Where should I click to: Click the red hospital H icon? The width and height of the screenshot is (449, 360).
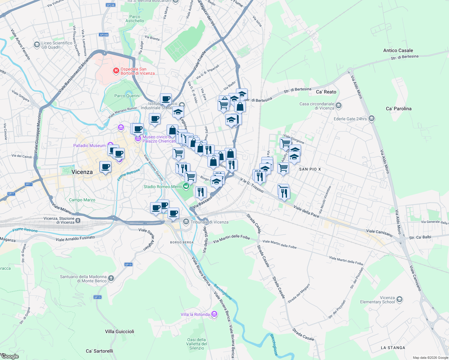(x=116, y=71)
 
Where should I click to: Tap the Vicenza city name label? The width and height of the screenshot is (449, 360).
(x=82, y=172)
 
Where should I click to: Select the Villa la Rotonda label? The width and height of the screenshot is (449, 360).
(x=195, y=314)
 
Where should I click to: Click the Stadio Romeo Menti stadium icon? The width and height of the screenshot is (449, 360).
(x=186, y=187)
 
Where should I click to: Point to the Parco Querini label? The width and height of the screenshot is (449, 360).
(x=127, y=96)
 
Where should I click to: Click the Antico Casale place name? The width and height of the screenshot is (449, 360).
(x=398, y=50)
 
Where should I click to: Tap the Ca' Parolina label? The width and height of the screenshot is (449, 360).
(x=399, y=109)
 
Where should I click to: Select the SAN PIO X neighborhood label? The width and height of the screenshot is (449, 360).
(x=310, y=169)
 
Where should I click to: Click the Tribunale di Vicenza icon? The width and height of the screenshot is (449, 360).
(x=186, y=222)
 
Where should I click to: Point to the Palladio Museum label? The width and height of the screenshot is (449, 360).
(x=89, y=145)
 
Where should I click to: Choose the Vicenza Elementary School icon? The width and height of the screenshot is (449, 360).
(x=399, y=299)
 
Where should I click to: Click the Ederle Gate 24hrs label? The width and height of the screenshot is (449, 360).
(x=350, y=119)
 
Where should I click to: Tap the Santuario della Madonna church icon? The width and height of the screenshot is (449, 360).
(x=111, y=278)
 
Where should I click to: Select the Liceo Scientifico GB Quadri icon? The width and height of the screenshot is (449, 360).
(x=37, y=45)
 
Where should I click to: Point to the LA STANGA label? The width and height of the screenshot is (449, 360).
(x=393, y=348)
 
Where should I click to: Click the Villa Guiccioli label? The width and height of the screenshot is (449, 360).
(x=119, y=331)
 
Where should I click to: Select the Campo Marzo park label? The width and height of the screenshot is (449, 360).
(x=82, y=200)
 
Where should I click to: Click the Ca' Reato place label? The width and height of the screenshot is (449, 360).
(x=326, y=92)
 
